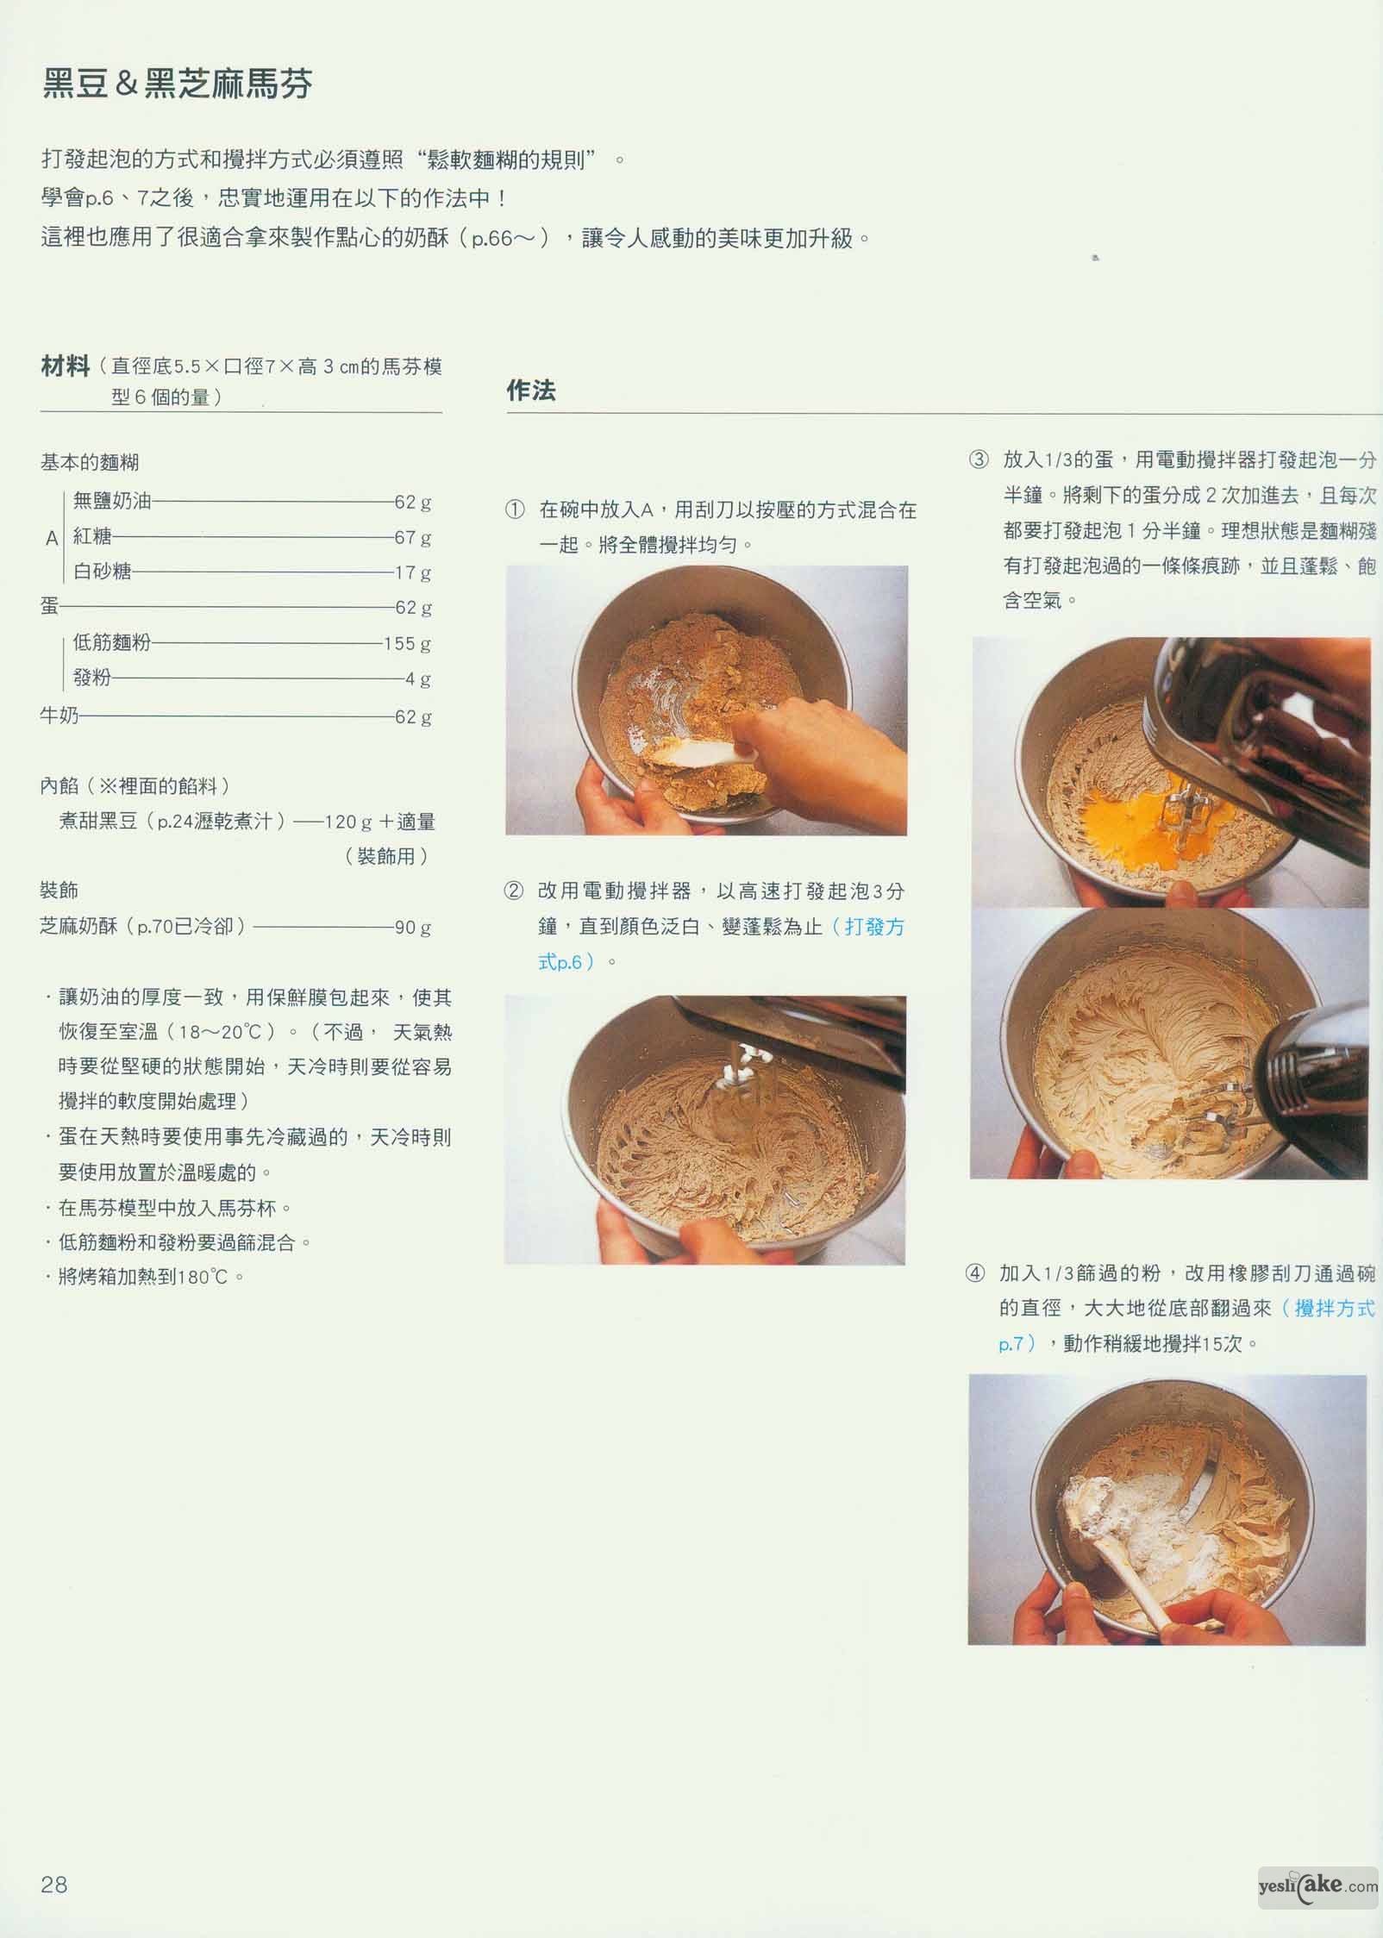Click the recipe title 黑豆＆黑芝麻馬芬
point(177,84)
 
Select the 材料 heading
point(66,366)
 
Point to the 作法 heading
point(531,391)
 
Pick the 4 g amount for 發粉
point(419,679)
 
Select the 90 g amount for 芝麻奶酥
point(413,928)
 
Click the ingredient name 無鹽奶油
point(112,501)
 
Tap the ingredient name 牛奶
point(59,716)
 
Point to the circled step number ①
point(515,510)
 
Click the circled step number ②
point(514,891)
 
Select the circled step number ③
point(979,459)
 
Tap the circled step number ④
point(975,1273)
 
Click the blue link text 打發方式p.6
point(721,944)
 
